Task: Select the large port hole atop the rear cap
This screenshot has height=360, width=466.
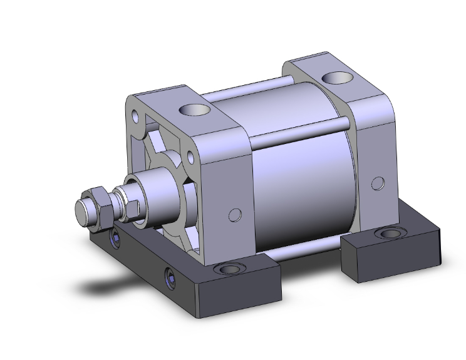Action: [335, 79]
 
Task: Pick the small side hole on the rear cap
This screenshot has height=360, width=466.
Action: [377, 183]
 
